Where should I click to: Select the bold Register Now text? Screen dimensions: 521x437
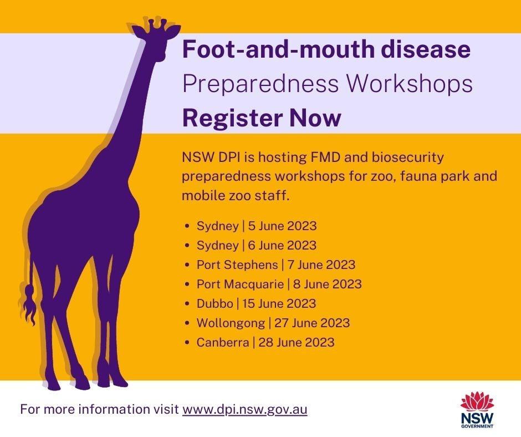[x=262, y=118]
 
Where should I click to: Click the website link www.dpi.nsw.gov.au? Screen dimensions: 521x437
[x=244, y=409]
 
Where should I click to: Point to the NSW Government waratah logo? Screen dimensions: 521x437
[x=477, y=410]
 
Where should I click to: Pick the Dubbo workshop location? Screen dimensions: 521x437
[x=214, y=304]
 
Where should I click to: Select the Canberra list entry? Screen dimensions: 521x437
[x=265, y=343]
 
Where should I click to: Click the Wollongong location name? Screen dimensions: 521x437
[x=231, y=323]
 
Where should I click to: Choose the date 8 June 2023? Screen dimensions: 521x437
[x=328, y=284]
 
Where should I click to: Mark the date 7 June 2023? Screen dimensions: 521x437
[x=321, y=265]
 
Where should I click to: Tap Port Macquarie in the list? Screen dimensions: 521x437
[x=240, y=284]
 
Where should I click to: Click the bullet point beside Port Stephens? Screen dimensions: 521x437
[x=187, y=266]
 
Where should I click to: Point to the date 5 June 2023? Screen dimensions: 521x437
[x=283, y=226]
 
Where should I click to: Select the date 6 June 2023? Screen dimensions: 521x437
[x=283, y=246]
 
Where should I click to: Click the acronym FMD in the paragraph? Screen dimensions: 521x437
[x=325, y=157]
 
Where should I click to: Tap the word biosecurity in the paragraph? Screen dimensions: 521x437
[x=408, y=157]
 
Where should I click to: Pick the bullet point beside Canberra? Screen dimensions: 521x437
[x=187, y=343]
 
